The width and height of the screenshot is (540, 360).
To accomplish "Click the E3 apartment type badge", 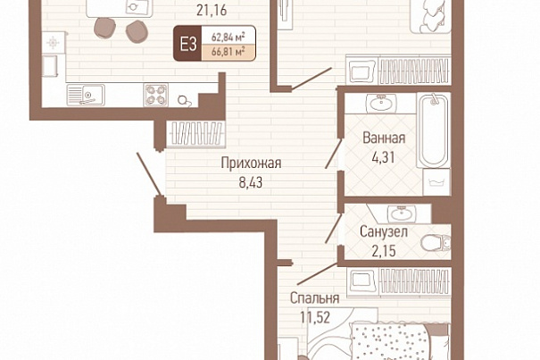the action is click(187, 44).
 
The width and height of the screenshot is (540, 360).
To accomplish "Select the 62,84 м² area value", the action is click(228, 36).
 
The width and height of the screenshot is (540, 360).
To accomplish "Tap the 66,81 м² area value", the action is click(228, 52).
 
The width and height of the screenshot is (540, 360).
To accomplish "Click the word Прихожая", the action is click(251, 163).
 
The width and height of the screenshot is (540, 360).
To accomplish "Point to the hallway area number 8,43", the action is click(251, 182).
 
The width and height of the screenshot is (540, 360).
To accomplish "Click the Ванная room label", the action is click(384, 138).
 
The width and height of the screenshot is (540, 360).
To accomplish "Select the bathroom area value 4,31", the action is click(383, 157).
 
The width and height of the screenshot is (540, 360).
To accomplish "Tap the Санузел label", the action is click(384, 231).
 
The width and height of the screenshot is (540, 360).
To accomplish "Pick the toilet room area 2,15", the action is click(384, 251).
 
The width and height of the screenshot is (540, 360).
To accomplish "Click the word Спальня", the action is click(314, 298).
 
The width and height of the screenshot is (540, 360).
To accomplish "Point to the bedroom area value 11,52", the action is click(315, 318).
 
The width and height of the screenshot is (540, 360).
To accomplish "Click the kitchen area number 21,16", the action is click(212, 11).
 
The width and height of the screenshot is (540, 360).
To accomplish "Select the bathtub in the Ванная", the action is click(433, 130).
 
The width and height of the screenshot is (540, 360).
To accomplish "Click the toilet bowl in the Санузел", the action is click(436, 242).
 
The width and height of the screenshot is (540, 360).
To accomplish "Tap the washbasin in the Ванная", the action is click(381, 104).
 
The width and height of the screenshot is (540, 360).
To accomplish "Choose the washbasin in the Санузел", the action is click(402, 214).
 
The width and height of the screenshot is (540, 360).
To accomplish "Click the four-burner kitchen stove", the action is click(155, 95).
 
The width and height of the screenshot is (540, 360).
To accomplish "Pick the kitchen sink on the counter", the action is click(86, 95).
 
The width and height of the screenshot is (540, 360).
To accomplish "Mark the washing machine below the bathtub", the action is click(436, 181).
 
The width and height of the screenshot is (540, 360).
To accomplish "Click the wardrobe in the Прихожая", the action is click(195, 133).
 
